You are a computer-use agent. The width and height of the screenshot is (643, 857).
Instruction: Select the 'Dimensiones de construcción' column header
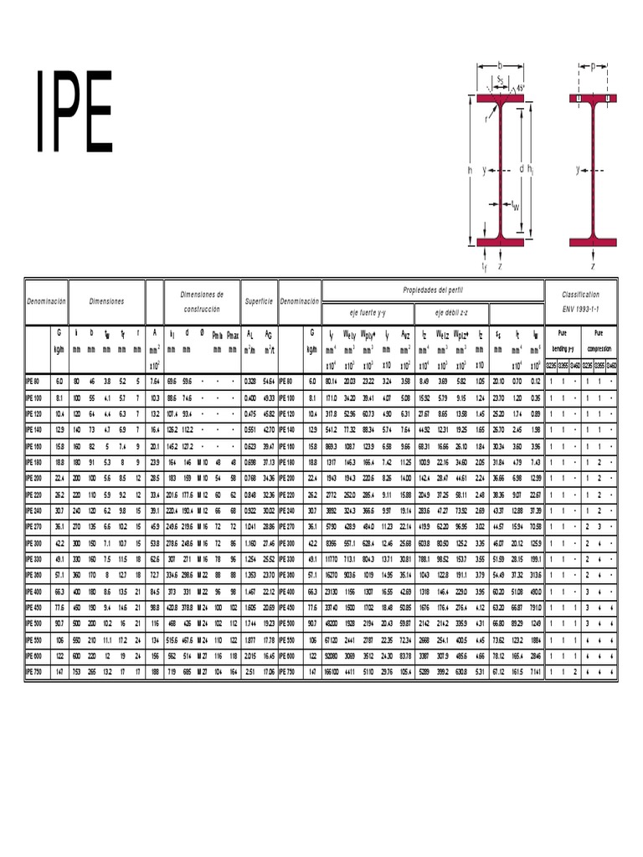202,301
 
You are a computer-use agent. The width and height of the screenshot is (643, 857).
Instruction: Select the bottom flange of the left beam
501,243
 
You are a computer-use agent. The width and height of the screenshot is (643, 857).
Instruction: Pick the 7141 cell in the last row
535,671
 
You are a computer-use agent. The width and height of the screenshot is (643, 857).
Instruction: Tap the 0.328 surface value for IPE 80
249,382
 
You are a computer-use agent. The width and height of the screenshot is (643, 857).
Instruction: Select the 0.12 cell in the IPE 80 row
535,382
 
